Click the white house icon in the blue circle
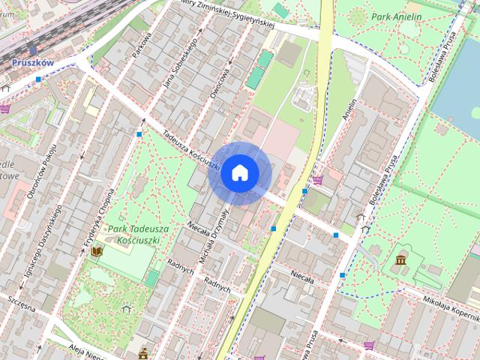pyautogui.click(x=240, y=173)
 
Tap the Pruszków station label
pyautogui.click(x=33, y=63)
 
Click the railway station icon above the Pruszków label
pyautogui.click(x=32, y=50)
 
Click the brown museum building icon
pyautogui.click(x=400, y=260)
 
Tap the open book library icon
pyautogui.click(x=96, y=253)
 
